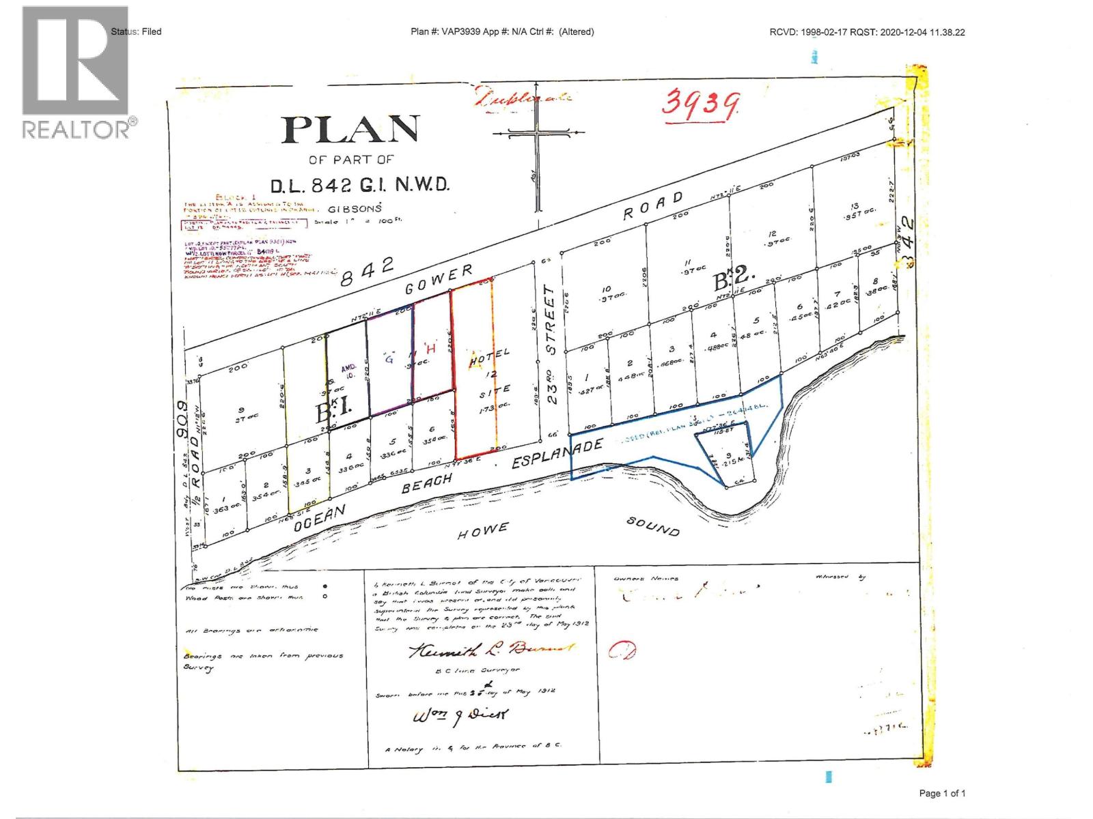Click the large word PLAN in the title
coord(350,130)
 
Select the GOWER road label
coord(439,280)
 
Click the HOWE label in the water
coord(484,530)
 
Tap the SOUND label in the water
coord(654,526)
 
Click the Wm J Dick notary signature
coord(460,716)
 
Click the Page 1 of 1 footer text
coord(942,793)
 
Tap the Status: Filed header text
coord(137,31)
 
